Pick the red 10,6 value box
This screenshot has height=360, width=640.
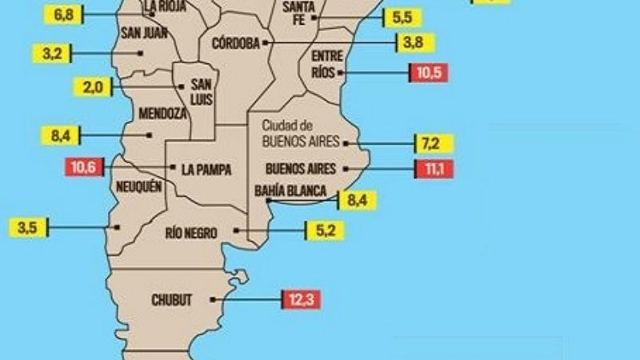click(x=83, y=168)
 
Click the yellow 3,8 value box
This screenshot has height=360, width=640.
click(x=414, y=42)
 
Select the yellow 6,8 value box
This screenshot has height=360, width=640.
click(x=66, y=14)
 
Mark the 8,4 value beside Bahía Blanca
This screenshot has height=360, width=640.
click(x=352, y=200)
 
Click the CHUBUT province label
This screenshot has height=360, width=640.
click(x=172, y=300)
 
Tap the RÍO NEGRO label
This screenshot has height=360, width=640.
click(x=191, y=232)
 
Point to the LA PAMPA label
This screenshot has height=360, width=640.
click(x=206, y=169)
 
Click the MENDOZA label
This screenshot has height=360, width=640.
click(x=162, y=114)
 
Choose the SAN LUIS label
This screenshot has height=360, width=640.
click(x=201, y=91)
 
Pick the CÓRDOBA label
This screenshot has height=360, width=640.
click(x=236, y=43)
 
